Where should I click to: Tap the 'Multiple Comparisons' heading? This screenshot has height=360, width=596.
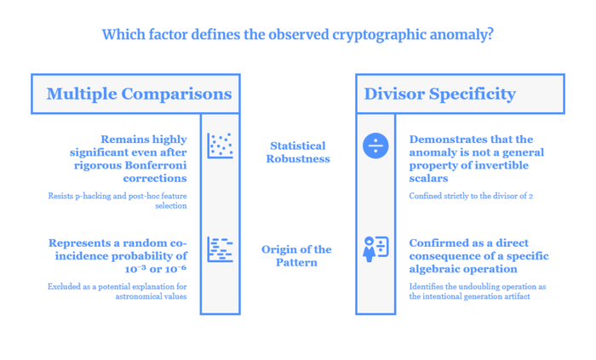point(139,94)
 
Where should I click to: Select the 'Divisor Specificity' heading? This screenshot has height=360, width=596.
point(440,94)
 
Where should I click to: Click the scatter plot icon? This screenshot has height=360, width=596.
point(220,146)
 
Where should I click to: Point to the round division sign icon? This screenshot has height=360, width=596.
point(375,146)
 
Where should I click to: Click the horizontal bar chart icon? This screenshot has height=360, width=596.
point(220,249)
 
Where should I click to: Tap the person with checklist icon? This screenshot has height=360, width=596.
point(375,249)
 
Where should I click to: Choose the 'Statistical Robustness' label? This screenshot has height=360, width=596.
point(298,152)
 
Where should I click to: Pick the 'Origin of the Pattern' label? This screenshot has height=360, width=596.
point(296,256)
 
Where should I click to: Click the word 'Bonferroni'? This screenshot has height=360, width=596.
point(156,166)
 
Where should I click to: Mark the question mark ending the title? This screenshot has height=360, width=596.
point(490,34)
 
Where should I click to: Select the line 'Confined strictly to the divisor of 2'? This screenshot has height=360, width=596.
point(471,197)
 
